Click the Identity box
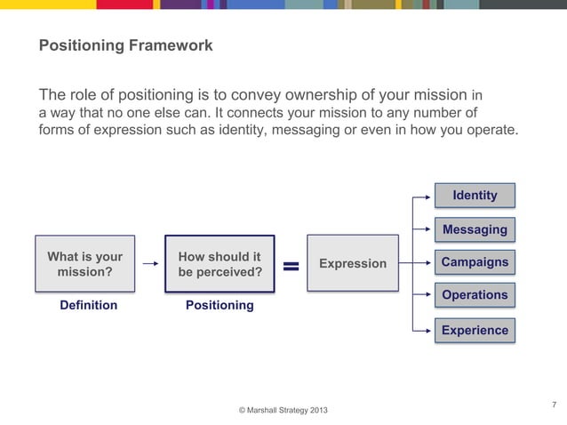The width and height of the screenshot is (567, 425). pyautogui.click(x=475, y=196)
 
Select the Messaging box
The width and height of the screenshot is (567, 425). pyautogui.click(x=475, y=229)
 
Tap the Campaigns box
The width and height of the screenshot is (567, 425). pyautogui.click(x=475, y=262)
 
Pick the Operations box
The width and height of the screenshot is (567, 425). pyautogui.click(x=475, y=295)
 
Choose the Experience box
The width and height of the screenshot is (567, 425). pyautogui.click(x=475, y=330)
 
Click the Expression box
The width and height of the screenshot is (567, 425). pyautogui.click(x=353, y=263)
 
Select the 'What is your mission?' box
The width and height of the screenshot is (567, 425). pyautogui.click(x=85, y=264)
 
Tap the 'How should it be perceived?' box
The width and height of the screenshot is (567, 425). pyautogui.click(x=220, y=264)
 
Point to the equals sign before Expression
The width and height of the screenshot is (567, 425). pyautogui.click(x=291, y=265)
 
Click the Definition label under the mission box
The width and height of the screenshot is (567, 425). pyautogui.click(x=88, y=305)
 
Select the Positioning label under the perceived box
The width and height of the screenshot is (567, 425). pyautogui.click(x=220, y=305)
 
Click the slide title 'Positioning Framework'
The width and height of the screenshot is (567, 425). pyautogui.click(x=125, y=45)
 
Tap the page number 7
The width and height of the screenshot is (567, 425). pyautogui.click(x=554, y=405)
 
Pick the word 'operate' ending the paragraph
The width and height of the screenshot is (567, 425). pyautogui.click(x=489, y=130)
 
